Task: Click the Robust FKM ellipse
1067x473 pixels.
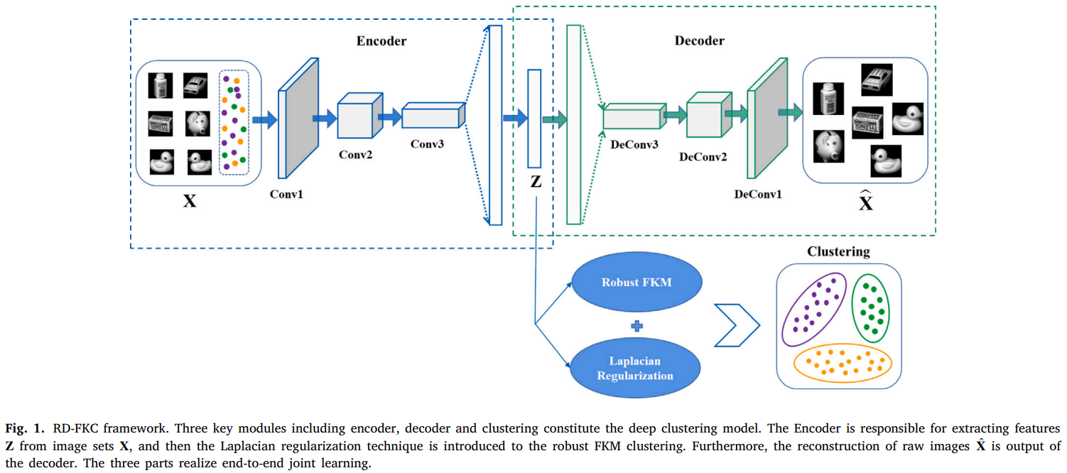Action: [x=636, y=283]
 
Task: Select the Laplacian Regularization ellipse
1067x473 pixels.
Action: [x=636, y=368]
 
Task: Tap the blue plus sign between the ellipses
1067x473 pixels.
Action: [x=637, y=326]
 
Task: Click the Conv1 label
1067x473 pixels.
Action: [x=286, y=193]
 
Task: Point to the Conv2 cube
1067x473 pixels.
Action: [x=358, y=116]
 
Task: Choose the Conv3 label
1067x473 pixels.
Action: [x=428, y=143]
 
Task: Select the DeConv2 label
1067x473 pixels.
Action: [x=703, y=156]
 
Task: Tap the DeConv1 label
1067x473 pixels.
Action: [x=758, y=193]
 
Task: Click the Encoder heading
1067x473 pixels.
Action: [x=381, y=41]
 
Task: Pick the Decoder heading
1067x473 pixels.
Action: [x=700, y=41]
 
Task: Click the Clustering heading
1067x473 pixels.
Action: [x=838, y=252]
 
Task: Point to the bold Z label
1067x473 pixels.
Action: [x=536, y=182]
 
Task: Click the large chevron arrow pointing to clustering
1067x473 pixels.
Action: [x=736, y=326]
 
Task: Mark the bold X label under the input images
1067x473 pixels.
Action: [x=190, y=201]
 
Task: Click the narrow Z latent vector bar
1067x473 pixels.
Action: [x=534, y=116]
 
